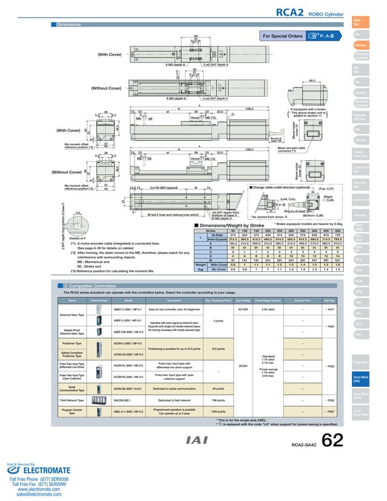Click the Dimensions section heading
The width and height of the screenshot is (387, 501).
69,24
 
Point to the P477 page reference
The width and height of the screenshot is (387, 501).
330,309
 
